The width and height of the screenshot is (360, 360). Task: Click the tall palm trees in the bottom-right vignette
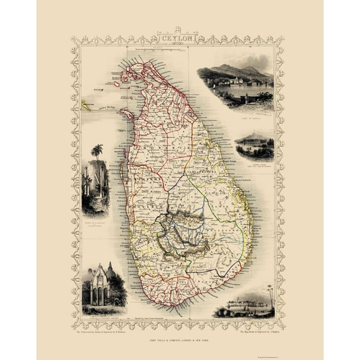[270, 293]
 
